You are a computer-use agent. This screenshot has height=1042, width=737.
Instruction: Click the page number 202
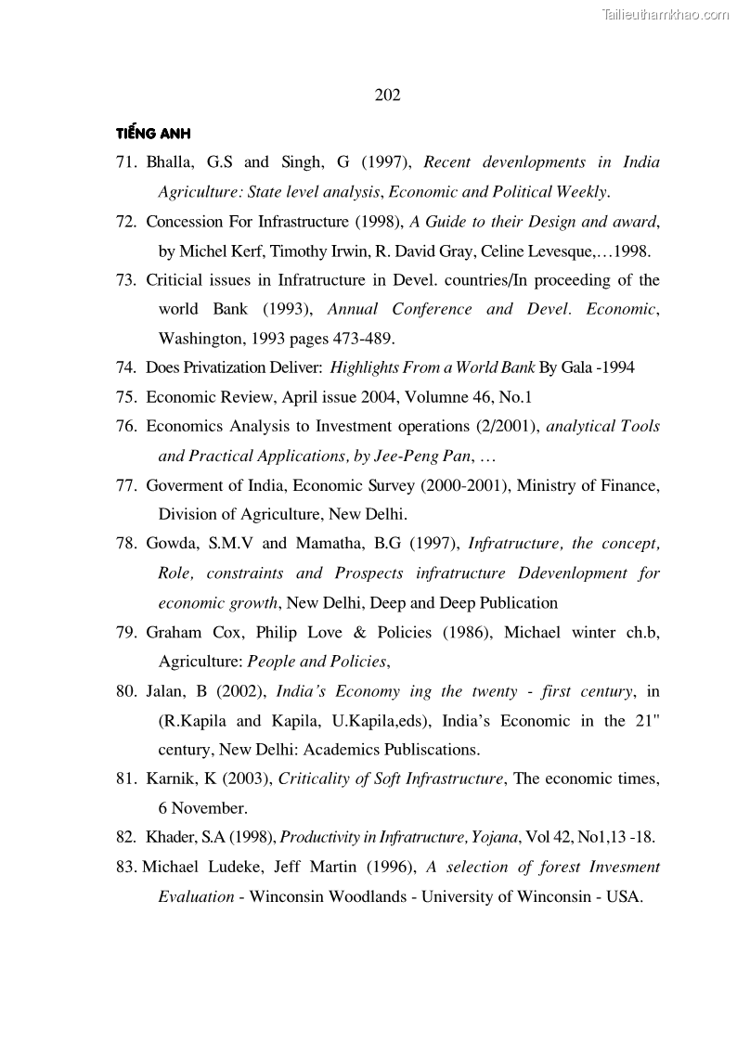point(387,95)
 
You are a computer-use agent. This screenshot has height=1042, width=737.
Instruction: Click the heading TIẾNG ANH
point(153,133)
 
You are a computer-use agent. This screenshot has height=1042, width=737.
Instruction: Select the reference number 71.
point(126,162)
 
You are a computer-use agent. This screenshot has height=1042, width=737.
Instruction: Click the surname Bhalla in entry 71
point(169,162)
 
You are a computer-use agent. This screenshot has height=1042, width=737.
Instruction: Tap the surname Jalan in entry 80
point(167,691)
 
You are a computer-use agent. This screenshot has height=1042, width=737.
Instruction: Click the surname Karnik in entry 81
point(171,779)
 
